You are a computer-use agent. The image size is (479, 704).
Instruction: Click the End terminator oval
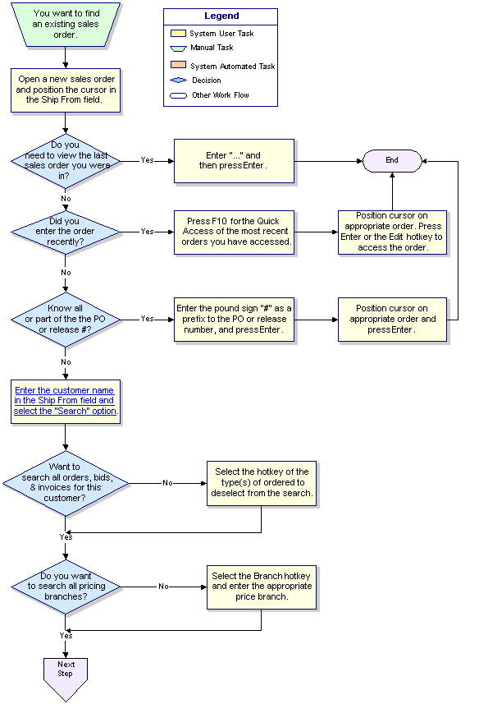[392, 161]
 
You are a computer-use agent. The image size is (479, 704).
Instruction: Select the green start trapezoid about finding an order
[66, 25]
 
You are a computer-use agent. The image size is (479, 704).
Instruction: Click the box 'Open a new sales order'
[66, 90]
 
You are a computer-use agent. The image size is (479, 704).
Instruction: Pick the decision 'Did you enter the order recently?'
[66, 232]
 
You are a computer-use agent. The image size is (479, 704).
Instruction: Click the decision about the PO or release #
[66, 320]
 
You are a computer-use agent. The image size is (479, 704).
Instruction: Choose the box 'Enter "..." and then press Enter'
[234, 161]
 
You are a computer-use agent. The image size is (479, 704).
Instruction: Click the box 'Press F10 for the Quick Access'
[234, 232]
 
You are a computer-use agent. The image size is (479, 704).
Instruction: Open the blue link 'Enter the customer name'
[66, 401]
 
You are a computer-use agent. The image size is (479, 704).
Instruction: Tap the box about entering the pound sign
[234, 320]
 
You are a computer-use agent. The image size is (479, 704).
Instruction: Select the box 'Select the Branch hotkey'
[262, 587]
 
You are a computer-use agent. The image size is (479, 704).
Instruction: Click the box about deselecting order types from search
[262, 483]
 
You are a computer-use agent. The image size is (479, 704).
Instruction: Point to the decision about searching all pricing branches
[66, 587]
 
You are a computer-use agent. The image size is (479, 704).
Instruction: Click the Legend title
[221, 16]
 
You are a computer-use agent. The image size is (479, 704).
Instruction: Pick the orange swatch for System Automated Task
[178, 65]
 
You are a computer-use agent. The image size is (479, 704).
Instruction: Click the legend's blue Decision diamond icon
[178, 80]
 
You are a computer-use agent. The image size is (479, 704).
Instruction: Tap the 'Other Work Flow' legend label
[221, 95]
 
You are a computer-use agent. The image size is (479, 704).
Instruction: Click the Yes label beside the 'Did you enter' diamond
[147, 232]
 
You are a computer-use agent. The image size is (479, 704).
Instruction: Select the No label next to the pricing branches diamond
[163, 587]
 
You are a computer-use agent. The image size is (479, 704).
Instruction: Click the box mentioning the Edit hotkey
[392, 232]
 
